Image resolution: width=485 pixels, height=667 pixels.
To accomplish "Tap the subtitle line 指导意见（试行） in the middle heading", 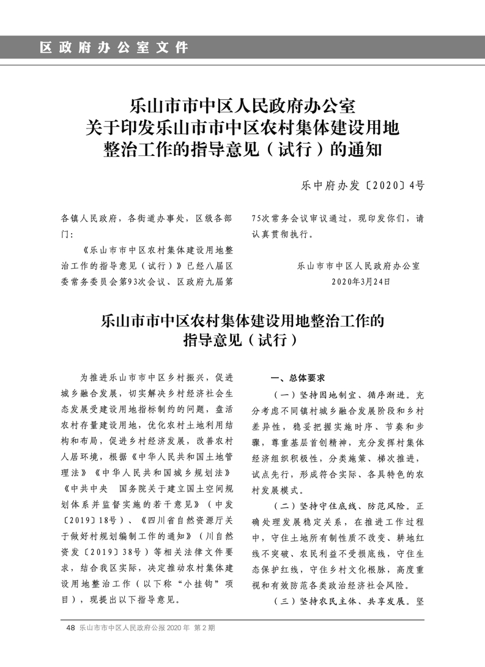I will coord(242,341).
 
